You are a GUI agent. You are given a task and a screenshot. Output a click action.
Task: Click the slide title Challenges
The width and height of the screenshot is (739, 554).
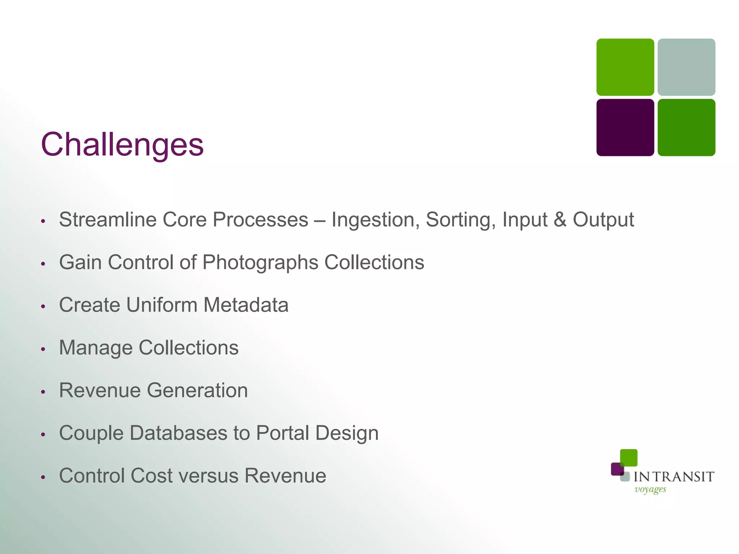tap(122, 144)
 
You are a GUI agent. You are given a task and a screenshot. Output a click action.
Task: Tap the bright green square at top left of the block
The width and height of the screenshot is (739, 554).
tap(625, 67)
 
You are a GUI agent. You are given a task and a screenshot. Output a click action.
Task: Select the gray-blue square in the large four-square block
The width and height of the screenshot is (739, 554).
tap(686, 67)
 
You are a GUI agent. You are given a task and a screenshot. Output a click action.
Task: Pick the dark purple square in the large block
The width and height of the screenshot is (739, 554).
tap(625, 127)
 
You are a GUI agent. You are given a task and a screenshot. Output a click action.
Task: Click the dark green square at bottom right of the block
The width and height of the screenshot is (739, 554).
tap(686, 127)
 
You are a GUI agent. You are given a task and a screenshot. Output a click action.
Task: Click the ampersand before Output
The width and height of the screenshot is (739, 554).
tap(560, 220)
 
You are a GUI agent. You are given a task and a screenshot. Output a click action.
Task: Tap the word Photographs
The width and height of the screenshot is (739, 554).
tap(260, 263)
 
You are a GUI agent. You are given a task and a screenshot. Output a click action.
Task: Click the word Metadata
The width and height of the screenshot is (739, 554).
tap(246, 305)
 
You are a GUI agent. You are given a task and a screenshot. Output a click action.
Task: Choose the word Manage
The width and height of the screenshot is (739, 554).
tap(96, 348)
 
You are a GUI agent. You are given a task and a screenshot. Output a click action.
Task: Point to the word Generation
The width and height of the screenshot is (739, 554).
tap(197, 390)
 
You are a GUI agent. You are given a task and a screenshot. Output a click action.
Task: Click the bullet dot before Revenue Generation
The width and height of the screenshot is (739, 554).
tap(43, 392)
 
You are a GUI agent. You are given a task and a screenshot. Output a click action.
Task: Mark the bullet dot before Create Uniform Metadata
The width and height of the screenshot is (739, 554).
tap(43, 306)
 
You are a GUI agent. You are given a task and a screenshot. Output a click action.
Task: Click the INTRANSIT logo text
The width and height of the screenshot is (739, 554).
tap(674, 477)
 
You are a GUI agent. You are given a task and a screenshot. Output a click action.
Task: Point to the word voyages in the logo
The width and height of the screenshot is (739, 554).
tap(650, 489)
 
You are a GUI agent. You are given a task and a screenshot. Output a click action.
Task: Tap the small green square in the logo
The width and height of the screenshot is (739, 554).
tap(629, 458)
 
